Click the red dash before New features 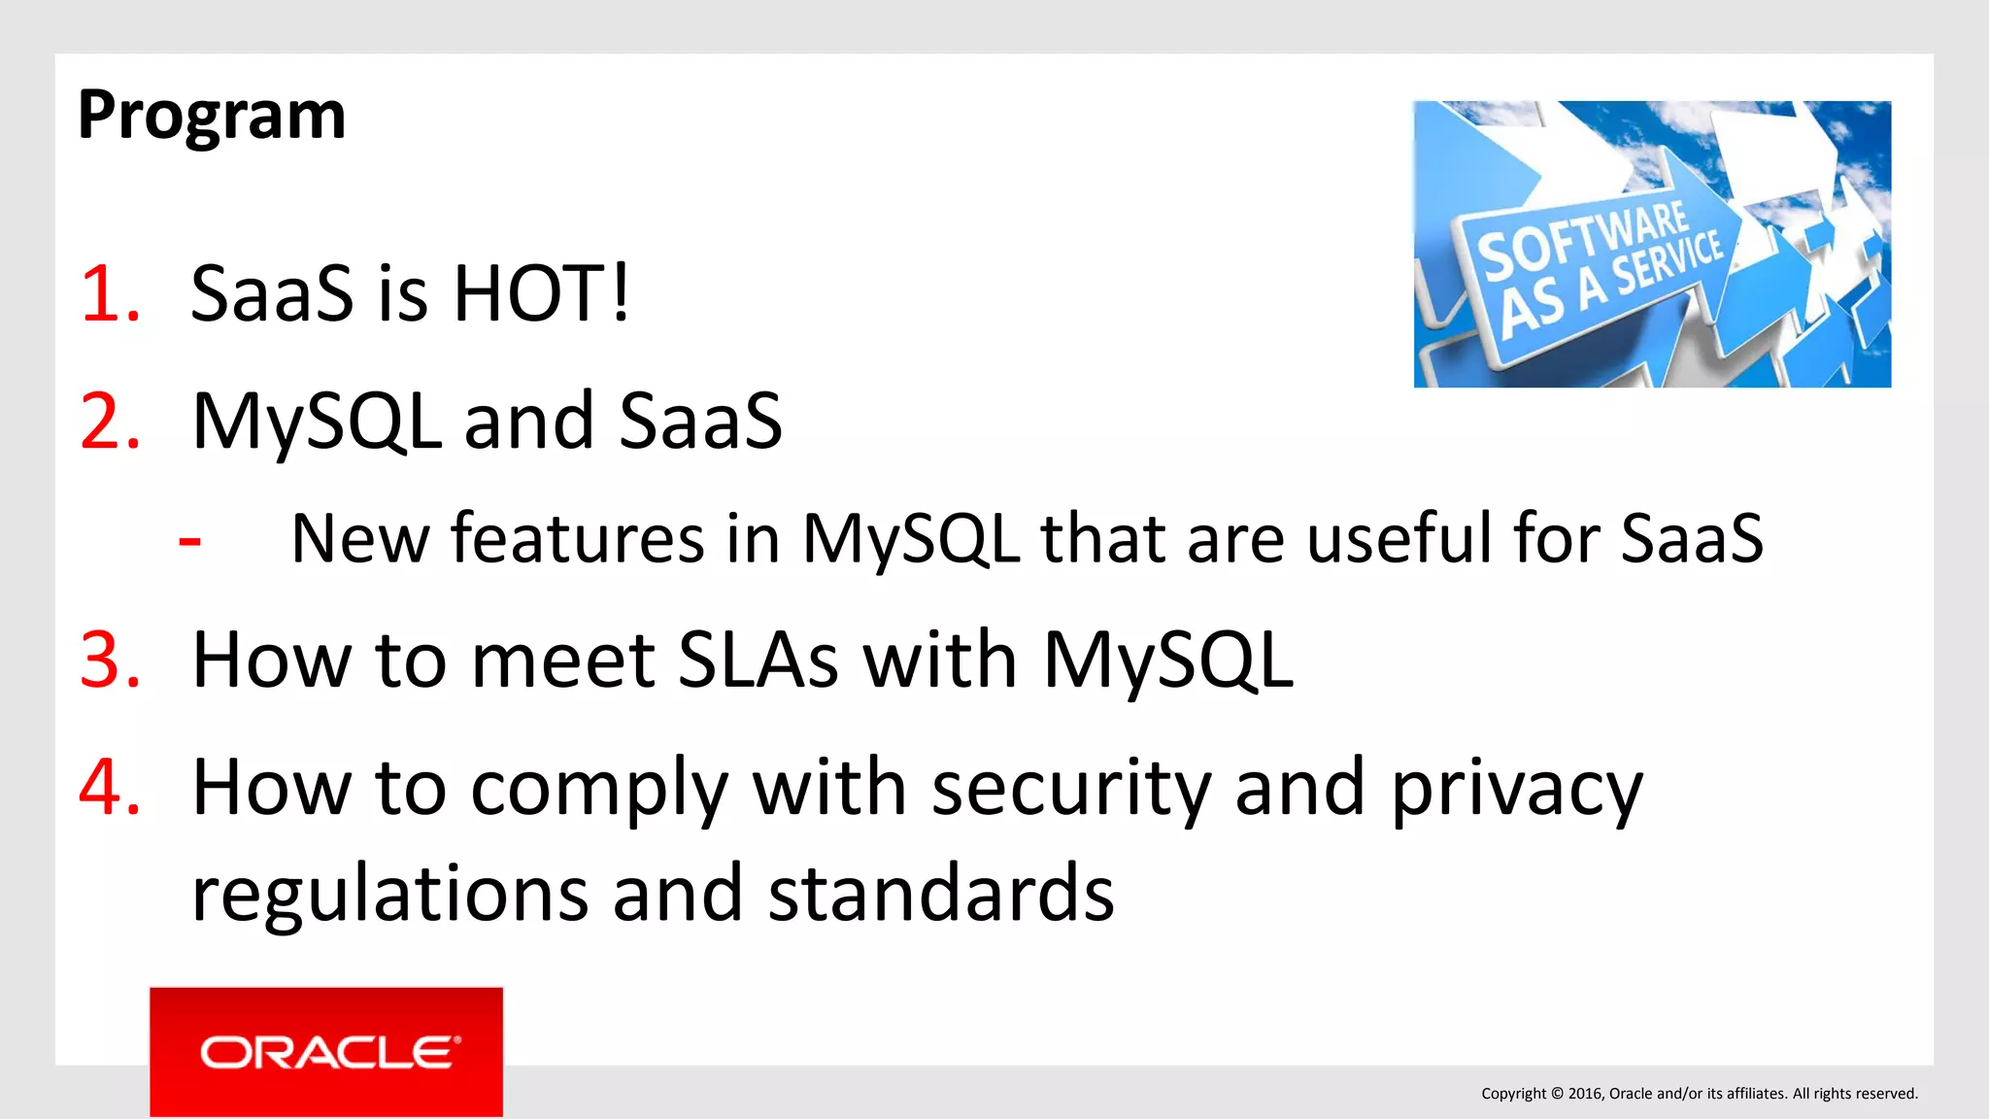(x=190, y=540)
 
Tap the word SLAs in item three (x=758, y=661)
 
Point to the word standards (x=941, y=894)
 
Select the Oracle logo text (x=326, y=1053)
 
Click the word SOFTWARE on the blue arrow (x=1582, y=239)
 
